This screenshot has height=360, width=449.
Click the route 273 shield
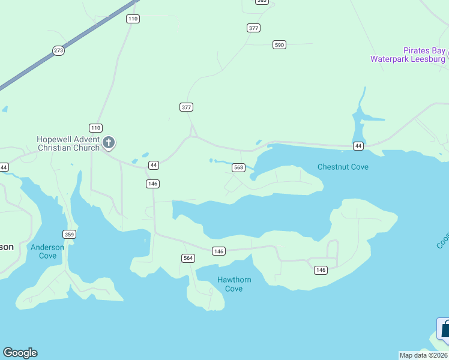pos(58,50)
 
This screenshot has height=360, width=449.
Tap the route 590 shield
pos(279,44)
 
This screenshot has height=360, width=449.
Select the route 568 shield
pos(238,167)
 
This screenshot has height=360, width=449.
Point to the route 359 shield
pos(70,234)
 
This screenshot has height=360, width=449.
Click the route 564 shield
pos(188,258)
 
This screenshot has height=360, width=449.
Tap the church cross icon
pos(109,143)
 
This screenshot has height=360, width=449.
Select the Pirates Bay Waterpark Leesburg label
pos(408,55)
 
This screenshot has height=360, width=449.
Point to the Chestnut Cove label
pos(343,167)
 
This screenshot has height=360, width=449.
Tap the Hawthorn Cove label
pos(234,284)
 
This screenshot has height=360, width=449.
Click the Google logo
pos(20,353)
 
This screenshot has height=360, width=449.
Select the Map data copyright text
pos(423,355)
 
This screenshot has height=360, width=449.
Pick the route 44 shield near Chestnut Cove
pos(358,146)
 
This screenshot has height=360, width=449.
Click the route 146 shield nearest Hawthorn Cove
pos(219,251)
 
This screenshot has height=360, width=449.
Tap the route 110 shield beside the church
pos(95,128)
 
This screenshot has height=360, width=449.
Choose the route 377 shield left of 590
pos(253,28)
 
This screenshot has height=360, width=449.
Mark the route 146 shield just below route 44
pos(152,184)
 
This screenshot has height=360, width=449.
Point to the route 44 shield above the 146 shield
pos(154,164)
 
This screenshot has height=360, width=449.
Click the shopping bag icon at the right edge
pos(445,329)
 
